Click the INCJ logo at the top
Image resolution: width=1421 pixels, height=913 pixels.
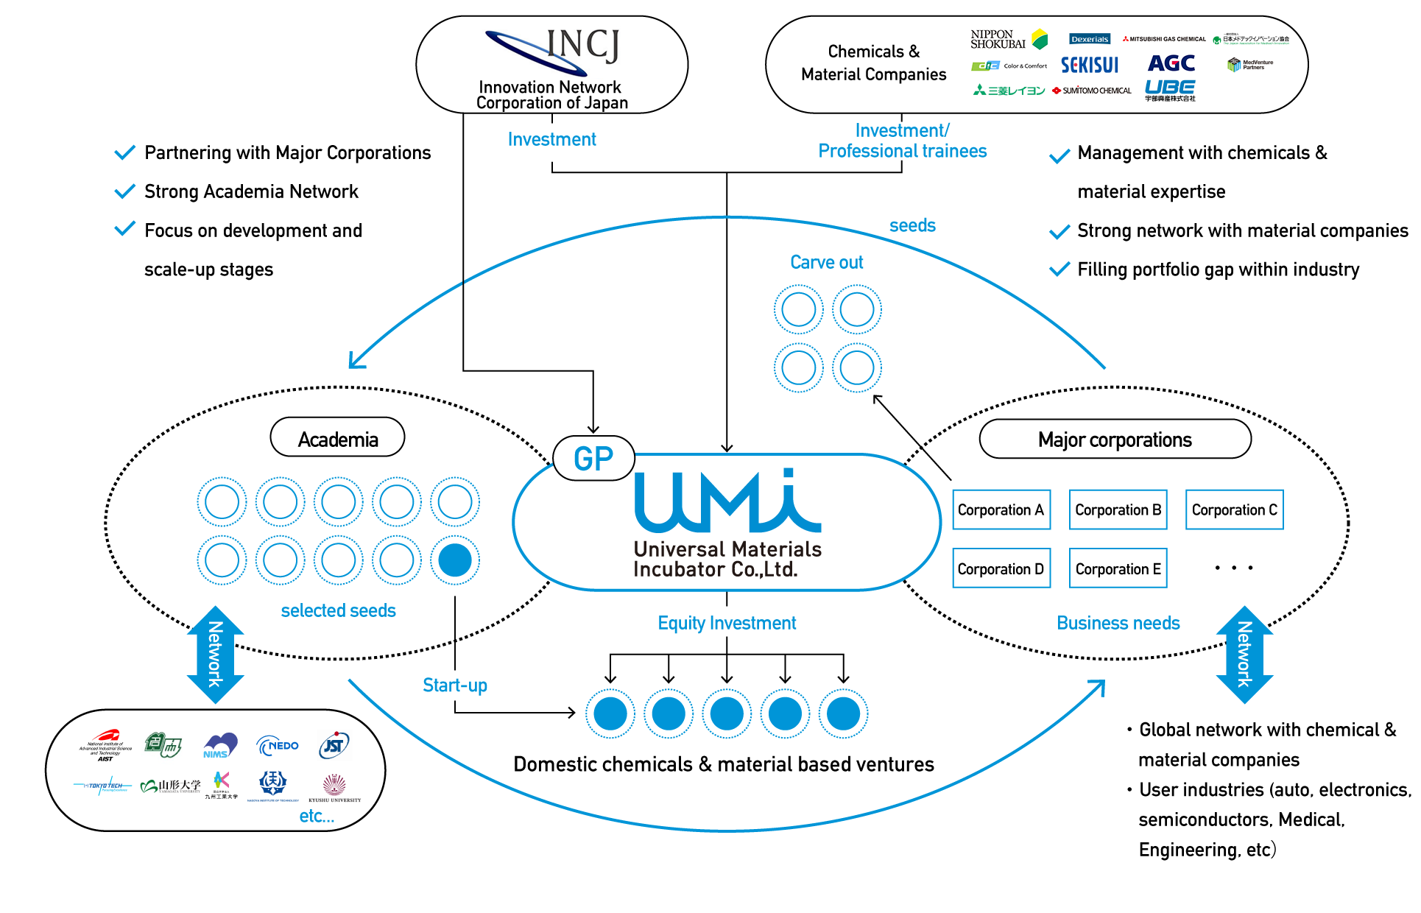(x=554, y=50)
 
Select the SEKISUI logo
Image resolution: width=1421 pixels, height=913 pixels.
(x=1089, y=66)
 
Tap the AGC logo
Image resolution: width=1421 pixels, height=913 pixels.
(x=1171, y=63)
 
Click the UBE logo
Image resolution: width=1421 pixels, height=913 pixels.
(x=1169, y=89)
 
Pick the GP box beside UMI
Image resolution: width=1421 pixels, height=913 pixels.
(x=593, y=459)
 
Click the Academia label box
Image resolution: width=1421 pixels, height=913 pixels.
(x=337, y=439)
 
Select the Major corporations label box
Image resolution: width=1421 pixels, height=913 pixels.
(x=1114, y=440)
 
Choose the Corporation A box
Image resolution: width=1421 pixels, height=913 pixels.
(x=1001, y=510)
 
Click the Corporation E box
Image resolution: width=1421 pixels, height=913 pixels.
(x=1118, y=568)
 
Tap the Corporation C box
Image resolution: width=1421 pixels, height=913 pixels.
(x=1234, y=510)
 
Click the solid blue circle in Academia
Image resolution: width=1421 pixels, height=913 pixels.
(x=455, y=560)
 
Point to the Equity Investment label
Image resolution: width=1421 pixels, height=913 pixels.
(x=727, y=623)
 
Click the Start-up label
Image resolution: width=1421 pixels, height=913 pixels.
(x=455, y=685)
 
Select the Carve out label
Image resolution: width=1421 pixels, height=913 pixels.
(x=826, y=262)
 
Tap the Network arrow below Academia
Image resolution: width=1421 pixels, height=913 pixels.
(x=215, y=654)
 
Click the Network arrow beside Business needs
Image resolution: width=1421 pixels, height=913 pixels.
(x=1244, y=654)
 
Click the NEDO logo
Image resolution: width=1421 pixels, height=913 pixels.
(x=278, y=746)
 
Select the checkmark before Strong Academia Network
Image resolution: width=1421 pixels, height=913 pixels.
(x=125, y=191)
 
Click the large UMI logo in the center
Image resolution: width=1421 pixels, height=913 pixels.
(x=727, y=502)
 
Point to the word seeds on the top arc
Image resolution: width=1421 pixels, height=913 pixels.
(x=912, y=225)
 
